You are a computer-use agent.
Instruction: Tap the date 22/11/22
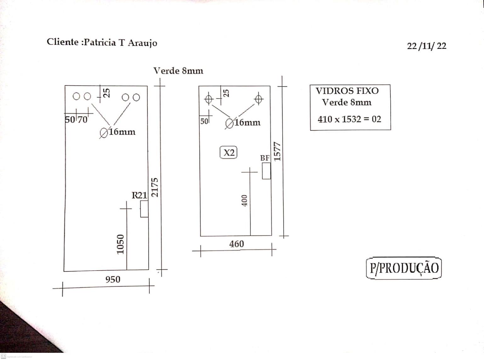427,46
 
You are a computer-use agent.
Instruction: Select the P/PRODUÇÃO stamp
404,268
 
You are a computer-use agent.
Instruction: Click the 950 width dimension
113,279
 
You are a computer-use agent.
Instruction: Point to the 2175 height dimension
155,187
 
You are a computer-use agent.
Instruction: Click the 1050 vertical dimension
120,244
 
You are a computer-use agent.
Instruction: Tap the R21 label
139,195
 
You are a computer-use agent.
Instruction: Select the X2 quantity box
228,152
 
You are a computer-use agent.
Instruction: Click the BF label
265,158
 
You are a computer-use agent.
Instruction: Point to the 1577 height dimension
277,151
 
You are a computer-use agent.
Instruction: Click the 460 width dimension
237,244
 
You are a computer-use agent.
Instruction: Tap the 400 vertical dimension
245,201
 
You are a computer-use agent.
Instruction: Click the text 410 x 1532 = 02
349,119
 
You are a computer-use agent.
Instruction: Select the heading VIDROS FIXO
347,91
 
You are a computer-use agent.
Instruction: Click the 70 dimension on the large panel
83,120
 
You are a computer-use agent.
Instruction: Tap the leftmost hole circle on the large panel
76,96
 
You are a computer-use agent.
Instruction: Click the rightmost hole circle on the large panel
136,97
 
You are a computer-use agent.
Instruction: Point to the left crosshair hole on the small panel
209,100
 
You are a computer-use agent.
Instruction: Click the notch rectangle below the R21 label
144,209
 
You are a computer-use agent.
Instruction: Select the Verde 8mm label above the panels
178,71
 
